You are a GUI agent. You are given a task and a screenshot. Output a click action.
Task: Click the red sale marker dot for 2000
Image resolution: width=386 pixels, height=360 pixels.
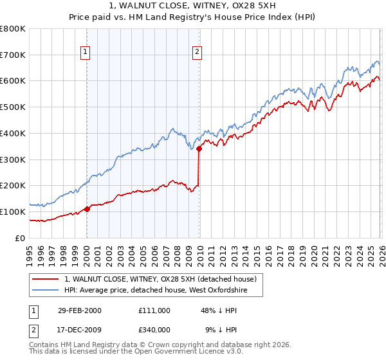pos(87,208)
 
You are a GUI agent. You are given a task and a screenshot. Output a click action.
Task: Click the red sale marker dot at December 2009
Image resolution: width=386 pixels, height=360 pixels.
pos(199,148)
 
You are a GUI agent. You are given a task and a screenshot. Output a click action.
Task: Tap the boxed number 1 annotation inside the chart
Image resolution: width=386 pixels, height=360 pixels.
pos(86,53)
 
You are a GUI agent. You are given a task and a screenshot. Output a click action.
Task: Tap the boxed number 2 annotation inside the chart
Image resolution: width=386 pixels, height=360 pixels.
pos(198,53)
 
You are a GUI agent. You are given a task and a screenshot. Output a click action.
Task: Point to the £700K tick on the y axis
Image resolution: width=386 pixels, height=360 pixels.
pos(14,55)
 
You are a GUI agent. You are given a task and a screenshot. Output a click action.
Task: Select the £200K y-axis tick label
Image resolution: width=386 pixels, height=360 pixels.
pos(14,186)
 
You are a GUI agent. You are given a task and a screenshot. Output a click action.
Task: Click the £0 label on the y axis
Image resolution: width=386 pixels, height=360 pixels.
pos(21,238)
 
